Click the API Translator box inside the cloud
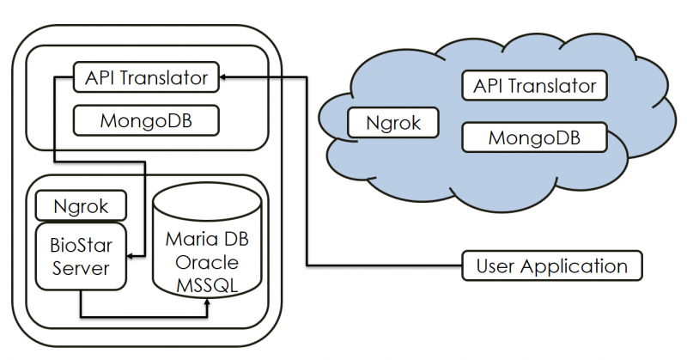tap(534, 86)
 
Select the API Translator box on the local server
tap(146, 77)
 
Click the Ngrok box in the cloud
tap(393, 122)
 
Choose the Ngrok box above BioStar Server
tap(80, 206)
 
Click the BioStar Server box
tap(80, 255)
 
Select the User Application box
tap(552, 265)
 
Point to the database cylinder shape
tap(206, 249)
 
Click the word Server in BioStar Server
tap(80, 268)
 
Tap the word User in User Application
tap(495, 265)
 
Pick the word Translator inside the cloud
tap(558, 86)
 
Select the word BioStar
tap(80, 243)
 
